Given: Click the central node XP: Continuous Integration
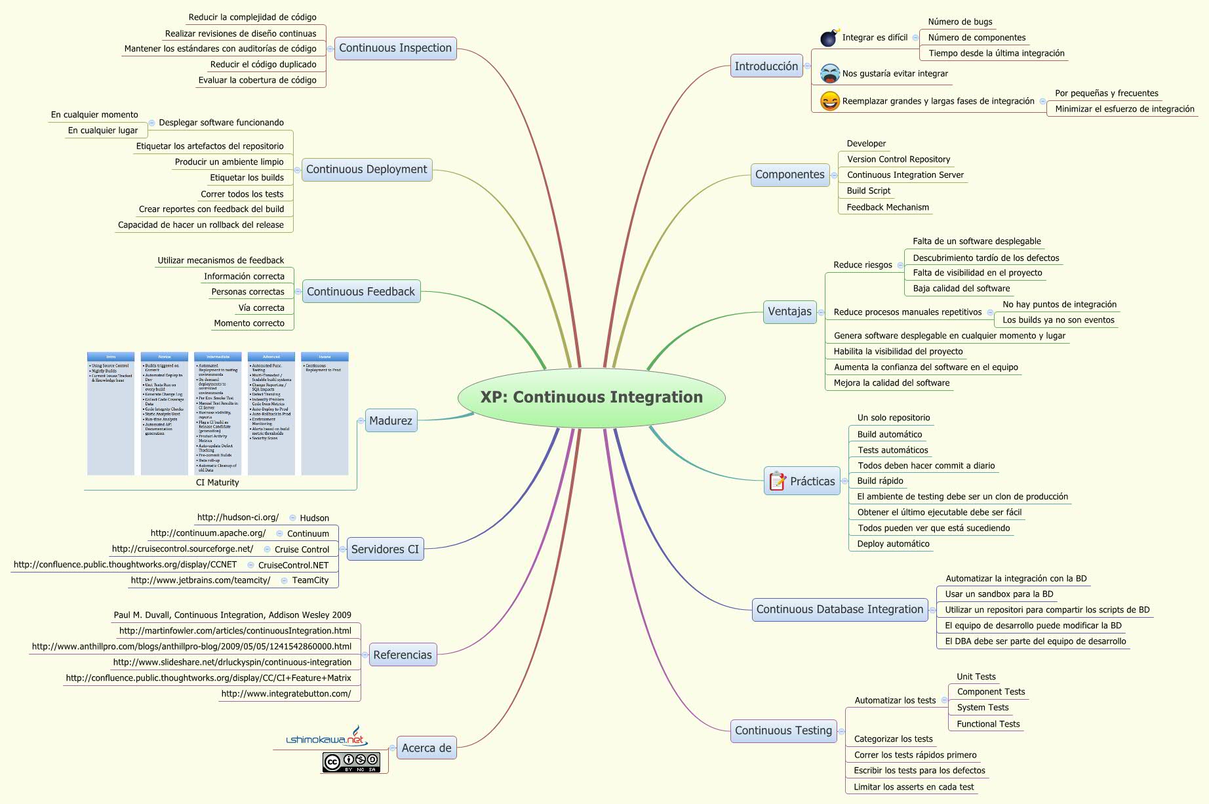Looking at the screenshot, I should (x=591, y=397).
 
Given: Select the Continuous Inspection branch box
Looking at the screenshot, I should (x=395, y=48).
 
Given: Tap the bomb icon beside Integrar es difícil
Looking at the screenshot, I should (x=829, y=38).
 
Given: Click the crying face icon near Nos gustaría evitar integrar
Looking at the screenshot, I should (x=830, y=73).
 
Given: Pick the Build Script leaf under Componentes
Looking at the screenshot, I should (x=868, y=191).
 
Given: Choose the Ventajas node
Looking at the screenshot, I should (x=789, y=312).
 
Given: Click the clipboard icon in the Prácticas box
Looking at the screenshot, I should (x=778, y=481).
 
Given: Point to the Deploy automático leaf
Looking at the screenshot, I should (x=893, y=544).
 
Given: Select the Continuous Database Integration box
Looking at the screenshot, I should (x=839, y=609).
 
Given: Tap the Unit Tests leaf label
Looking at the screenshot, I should (x=976, y=677).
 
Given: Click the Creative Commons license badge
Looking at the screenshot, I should (x=351, y=762).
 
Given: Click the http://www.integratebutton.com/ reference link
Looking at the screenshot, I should (x=286, y=694).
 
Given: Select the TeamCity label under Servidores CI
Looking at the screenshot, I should (x=310, y=580).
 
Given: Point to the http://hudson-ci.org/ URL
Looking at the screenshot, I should (x=238, y=517).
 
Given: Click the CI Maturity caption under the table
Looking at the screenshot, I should (x=218, y=483).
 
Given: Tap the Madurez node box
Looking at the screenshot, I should (x=390, y=421).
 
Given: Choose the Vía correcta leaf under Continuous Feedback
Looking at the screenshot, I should (x=261, y=308).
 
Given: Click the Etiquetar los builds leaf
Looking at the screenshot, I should (x=247, y=178).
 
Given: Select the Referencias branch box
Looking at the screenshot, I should (x=403, y=654).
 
